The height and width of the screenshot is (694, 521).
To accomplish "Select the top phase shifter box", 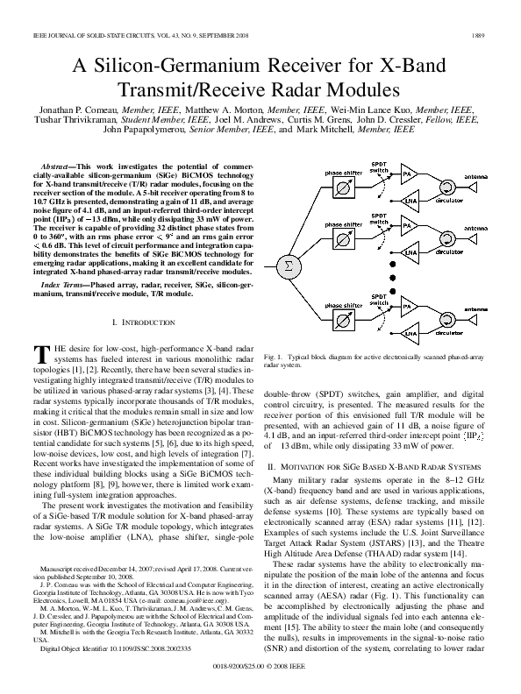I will [x=343, y=188].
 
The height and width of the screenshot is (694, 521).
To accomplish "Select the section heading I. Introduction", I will [x=139, y=323].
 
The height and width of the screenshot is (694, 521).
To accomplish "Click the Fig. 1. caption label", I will [x=274, y=358].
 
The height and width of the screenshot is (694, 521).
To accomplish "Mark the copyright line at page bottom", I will [x=260, y=667].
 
